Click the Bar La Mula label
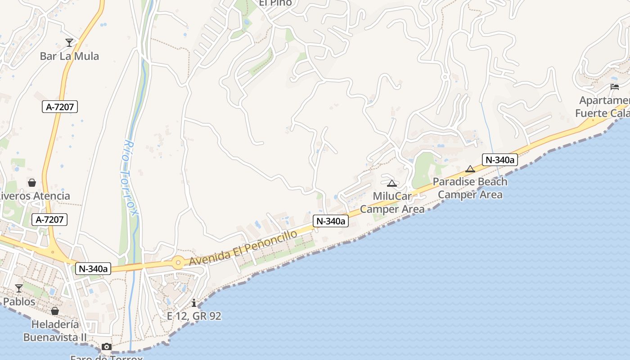click(69, 56)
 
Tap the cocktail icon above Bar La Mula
click(69, 43)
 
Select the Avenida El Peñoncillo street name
click(243, 247)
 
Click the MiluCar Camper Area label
click(392, 203)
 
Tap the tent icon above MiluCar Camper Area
click(391, 183)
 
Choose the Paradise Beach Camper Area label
click(470, 188)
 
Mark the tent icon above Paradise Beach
click(470, 169)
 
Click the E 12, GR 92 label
click(194, 316)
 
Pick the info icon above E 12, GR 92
click(194, 303)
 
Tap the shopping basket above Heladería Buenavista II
click(55, 311)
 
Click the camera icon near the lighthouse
click(107, 346)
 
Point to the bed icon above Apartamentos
click(615, 86)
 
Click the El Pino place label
click(275, 3)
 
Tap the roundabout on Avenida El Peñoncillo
click(178, 263)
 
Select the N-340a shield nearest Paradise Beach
click(500, 159)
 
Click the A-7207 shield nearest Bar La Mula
click(60, 107)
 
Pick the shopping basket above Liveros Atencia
click(32, 183)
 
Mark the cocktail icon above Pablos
click(19, 288)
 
